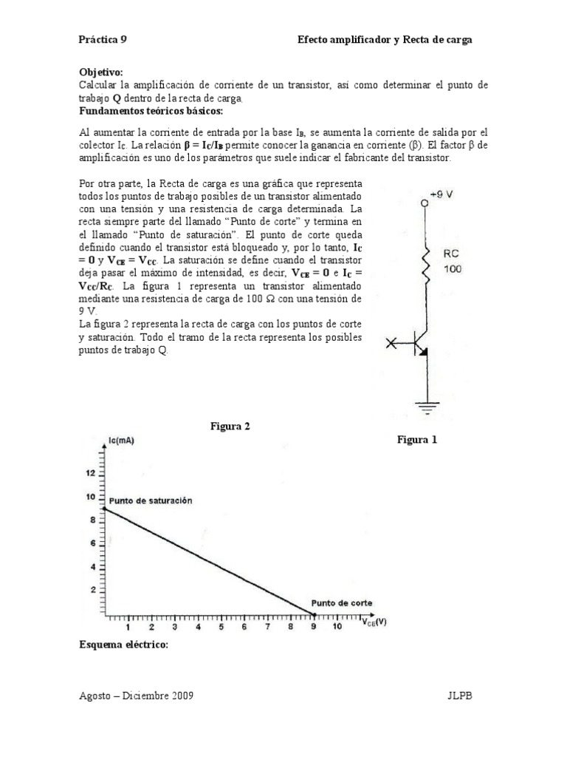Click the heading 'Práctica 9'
[103, 40]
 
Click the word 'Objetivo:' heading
[100, 72]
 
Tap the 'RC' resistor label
[452, 254]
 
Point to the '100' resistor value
[453, 269]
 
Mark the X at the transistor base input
[391, 342]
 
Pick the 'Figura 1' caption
[418, 439]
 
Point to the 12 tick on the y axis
[92, 472]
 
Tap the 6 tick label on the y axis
[92, 543]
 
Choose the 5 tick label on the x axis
[220, 627]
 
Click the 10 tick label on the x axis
[337, 627]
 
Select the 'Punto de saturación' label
[150, 500]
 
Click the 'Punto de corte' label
[341, 602]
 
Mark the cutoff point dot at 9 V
[314, 614]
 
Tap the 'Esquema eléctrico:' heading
[123, 645]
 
